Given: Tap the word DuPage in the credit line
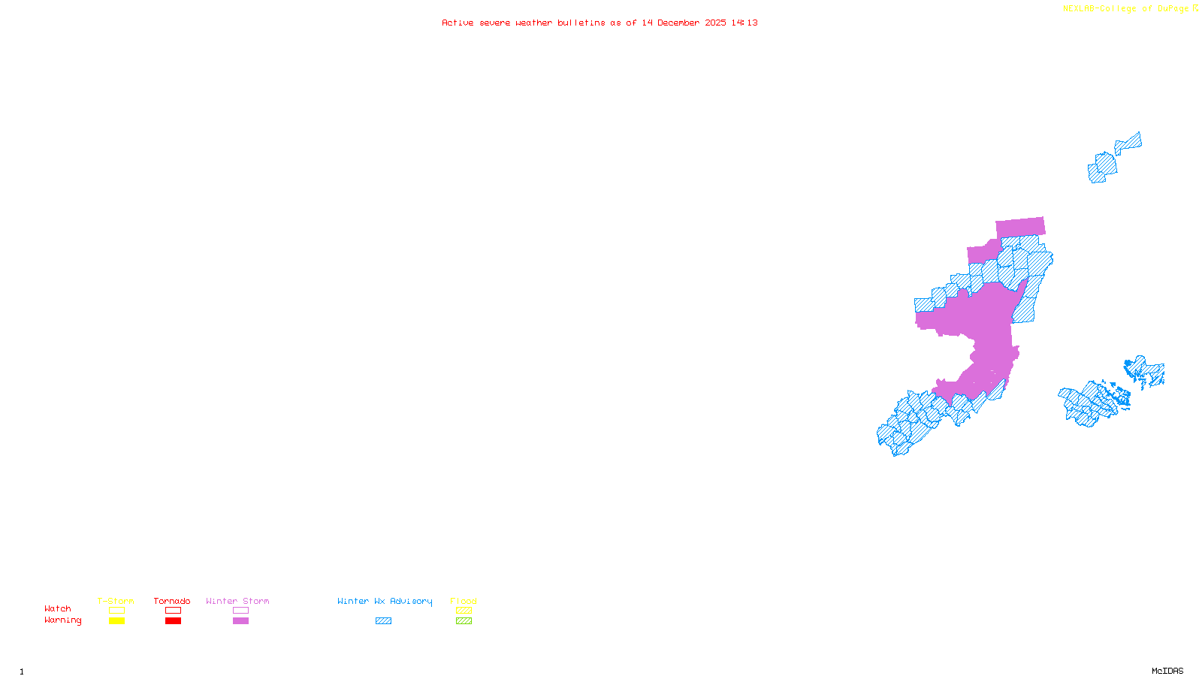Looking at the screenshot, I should (x=1173, y=9).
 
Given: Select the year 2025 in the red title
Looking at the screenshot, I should (x=715, y=23).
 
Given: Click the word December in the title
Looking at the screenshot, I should (x=678, y=23).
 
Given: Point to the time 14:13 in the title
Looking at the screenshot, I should (x=744, y=23).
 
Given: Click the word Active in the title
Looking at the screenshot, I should (x=458, y=23).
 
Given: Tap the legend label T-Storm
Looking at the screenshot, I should (x=116, y=601).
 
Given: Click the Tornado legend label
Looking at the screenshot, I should (x=172, y=601).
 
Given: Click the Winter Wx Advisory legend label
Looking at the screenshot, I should (x=385, y=601).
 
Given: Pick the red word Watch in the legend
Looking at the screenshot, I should (x=58, y=609).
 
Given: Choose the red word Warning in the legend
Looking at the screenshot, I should (x=63, y=620).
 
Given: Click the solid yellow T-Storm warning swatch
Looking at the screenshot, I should (x=116, y=621).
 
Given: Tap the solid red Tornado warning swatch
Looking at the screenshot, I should (x=173, y=621).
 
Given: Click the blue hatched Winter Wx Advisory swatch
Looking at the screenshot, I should (x=383, y=621).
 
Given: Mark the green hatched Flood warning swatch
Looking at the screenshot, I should (x=464, y=621).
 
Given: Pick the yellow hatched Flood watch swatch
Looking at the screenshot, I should (x=464, y=611).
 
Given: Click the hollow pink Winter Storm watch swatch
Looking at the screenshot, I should (x=240, y=611).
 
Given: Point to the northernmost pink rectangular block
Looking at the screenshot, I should (x=1020, y=227).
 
